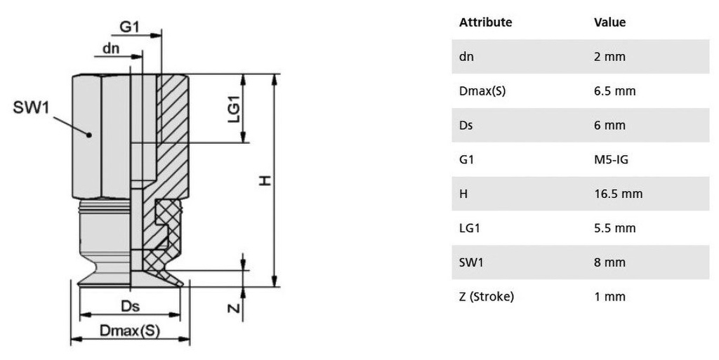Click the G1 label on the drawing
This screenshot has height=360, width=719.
[129, 27]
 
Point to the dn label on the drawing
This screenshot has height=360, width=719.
[111, 48]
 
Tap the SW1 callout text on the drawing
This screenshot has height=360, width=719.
[31, 107]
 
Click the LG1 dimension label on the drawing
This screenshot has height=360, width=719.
[234, 112]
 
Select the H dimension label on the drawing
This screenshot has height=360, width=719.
[265, 181]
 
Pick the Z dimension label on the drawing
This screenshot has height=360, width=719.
[234, 308]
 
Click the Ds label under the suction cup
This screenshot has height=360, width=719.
[130, 306]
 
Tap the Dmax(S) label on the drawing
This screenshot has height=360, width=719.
[130, 331]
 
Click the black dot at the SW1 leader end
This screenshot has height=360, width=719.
[89, 135]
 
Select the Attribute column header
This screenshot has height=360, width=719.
[486, 22]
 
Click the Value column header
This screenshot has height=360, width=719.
[610, 22]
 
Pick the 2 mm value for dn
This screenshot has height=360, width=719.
[610, 57]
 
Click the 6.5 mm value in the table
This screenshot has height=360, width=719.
[615, 91]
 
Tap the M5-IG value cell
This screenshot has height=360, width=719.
[612, 160]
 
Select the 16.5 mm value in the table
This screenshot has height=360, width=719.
[619, 194]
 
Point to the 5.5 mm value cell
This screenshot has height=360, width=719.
[615, 228]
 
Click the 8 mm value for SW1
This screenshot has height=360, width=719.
[610, 262]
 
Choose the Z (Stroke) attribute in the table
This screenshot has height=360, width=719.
[487, 297]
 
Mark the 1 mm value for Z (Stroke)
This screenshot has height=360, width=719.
[610, 297]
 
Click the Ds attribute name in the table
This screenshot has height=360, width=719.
[466, 126]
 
